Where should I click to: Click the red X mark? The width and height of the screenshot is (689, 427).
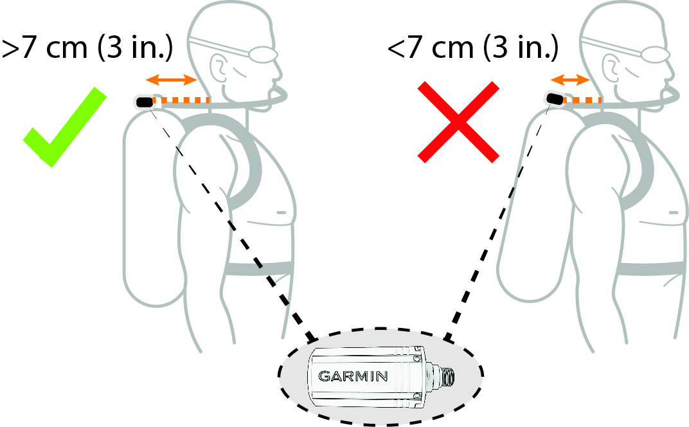pyautogui.click(x=458, y=121)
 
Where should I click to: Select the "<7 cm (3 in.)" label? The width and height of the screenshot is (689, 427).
pyautogui.click(x=472, y=49)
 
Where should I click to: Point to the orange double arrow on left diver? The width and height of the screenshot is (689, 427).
pyautogui.click(x=171, y=80)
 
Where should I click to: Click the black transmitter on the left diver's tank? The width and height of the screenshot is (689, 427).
pyautogui.click(x=145, y=101)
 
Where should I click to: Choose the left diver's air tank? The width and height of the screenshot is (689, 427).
pyautogui.click(x=148, y=212)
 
